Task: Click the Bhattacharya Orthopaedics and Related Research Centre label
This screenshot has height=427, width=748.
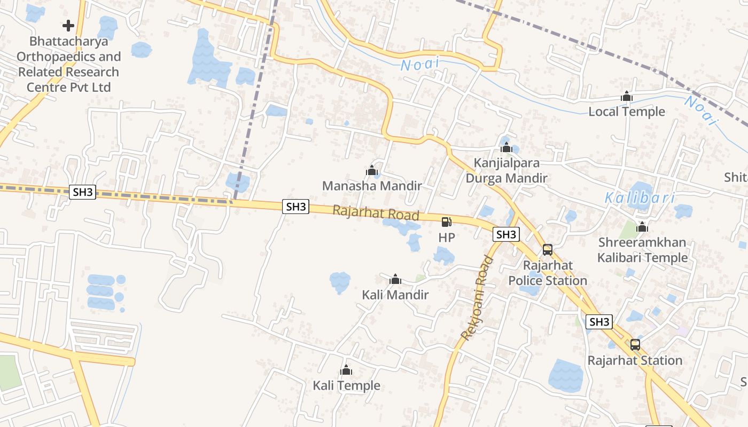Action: pyautogui.click(x=68, y=64)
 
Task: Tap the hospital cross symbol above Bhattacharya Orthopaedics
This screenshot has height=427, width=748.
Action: pyautogui.click(x=68, y=25)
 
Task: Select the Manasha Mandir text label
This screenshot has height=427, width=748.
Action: pyautogui.click(x=372, y=186)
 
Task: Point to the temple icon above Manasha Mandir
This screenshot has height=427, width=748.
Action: pyautogui.click(x=372, y=171)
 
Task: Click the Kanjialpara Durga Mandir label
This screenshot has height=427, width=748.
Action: pyautogui.click(x=507, y=170)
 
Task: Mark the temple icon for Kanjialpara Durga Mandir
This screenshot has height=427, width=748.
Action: pyautogui.click(x=507, y=147)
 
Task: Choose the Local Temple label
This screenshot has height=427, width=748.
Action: pyautogui.click(x=627, y=112)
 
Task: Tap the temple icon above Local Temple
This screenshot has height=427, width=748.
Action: pyautogui.click(x=627, y=97)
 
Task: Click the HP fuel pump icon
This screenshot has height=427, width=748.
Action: pyautogui.click(x=446, y=222)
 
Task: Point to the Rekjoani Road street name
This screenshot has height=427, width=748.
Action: pyautogui.click(x=477, y=298)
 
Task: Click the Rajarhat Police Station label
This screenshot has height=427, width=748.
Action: pyautogui.click(x=548, y=273)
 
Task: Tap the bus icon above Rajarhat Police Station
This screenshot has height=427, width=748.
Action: pyautogui.click(x=548, y=249)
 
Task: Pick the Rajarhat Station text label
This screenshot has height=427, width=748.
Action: pyautogui.click(x=635, y=360)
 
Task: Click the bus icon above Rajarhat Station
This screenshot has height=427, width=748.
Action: pyautogui.click(x=635, y=345)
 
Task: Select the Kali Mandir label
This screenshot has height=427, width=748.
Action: pyautogui.click(x=395, y=295)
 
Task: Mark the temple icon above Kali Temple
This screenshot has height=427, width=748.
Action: pyautogui.click(x=346, y=370)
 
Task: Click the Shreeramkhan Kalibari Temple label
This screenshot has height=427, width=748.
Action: pyautogui.click(x=642, y=250)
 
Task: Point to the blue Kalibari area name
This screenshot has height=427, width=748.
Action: pyautogui.click(x=640, y=198)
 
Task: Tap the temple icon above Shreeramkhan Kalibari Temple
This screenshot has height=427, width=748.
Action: pyautogui.click(x=642, y=227)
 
